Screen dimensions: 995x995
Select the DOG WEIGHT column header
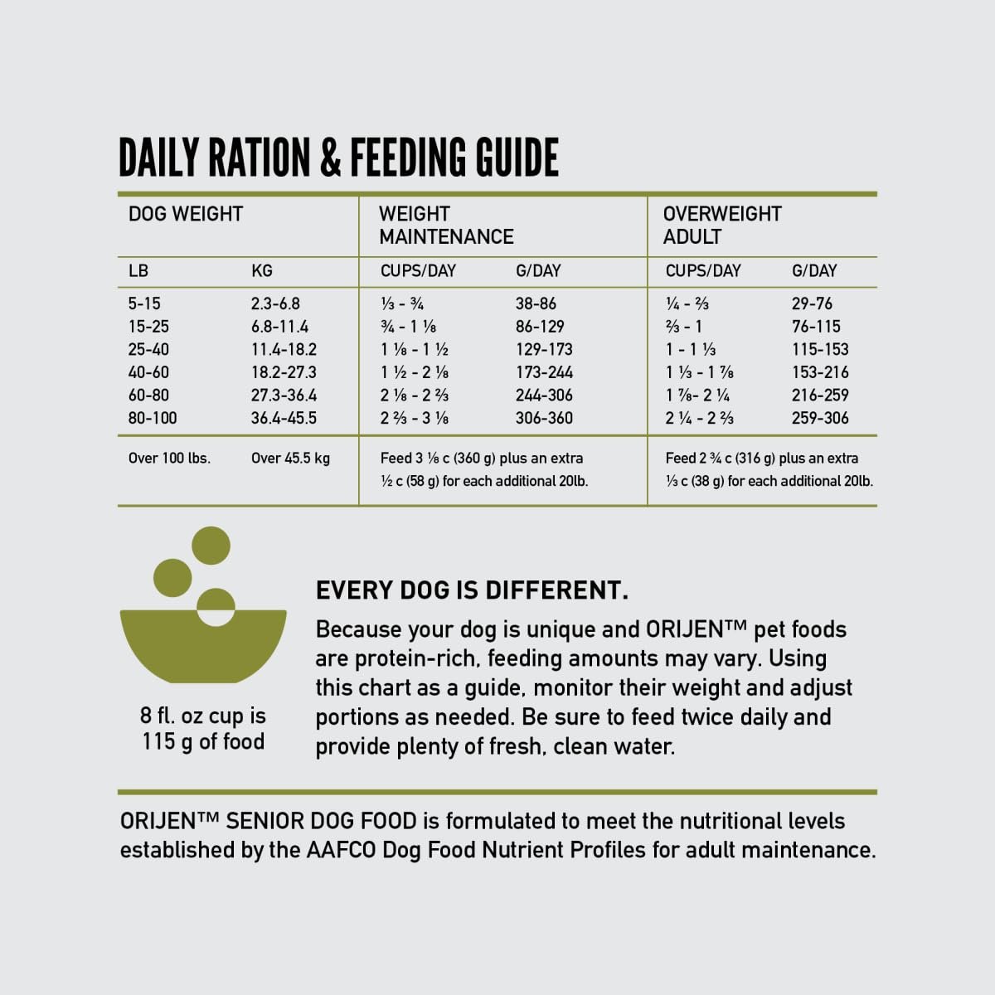(186, 214)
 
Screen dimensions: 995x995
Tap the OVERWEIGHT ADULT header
(721, 225)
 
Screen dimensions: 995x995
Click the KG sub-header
(261, 271)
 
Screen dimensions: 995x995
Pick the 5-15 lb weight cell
(144, 303)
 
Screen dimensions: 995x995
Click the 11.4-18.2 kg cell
(284, 350)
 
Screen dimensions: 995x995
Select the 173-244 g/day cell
(544, 372)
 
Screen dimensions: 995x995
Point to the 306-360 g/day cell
(544, 418)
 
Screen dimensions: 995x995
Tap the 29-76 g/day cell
(812, 303)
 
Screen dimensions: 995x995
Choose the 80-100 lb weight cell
(153, 418)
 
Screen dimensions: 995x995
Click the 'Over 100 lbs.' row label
(169, 458)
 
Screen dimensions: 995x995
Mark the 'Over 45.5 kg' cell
(290, 458)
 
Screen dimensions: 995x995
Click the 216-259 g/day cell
(820, 396)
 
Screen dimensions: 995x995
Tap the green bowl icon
(203, 647)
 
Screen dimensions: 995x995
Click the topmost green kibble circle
(211, 545)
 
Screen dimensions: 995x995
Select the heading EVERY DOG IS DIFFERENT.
(472, 590)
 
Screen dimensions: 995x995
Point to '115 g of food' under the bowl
(203, 741)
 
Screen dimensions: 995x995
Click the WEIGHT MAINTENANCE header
(446, 225)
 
